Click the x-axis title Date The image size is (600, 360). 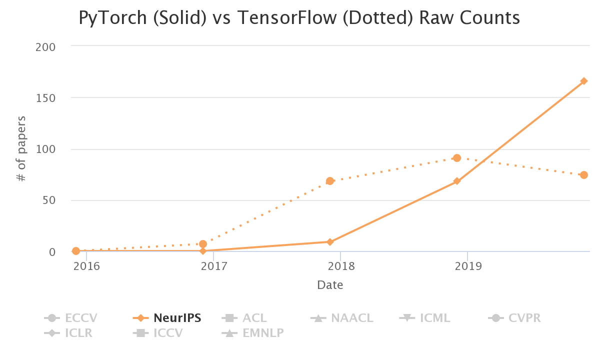coord(330,285)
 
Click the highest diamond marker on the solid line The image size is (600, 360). coord(583,81)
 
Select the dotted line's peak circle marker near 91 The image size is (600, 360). coord(456,158)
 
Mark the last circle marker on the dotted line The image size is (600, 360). coord(583,175)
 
